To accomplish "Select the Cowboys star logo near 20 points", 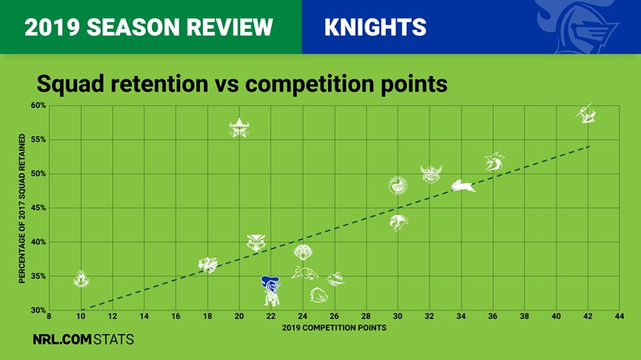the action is point(239,127).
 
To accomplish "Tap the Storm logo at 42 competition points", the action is point(586,114).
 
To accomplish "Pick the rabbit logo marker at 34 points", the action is point(462,186).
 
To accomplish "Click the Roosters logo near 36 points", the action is point(494,162).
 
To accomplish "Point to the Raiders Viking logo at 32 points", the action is point(431,175).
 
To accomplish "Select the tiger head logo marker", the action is point(303,252).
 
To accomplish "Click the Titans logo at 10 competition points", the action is point(81,279).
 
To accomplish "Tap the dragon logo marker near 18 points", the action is point(208,265).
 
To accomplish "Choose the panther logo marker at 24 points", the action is point(304,273).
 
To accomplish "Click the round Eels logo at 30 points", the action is point(398,185).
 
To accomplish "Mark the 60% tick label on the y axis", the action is point(38,105).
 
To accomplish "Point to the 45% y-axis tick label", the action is point(38,208).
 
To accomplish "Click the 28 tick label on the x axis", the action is point(366,316).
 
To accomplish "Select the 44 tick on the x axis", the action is point(620,316).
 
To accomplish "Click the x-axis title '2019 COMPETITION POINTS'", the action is point(334,328).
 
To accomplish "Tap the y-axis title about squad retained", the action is point(22,208).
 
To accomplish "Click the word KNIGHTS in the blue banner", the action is point(375,27).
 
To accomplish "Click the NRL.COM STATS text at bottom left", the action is point(83,339).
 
